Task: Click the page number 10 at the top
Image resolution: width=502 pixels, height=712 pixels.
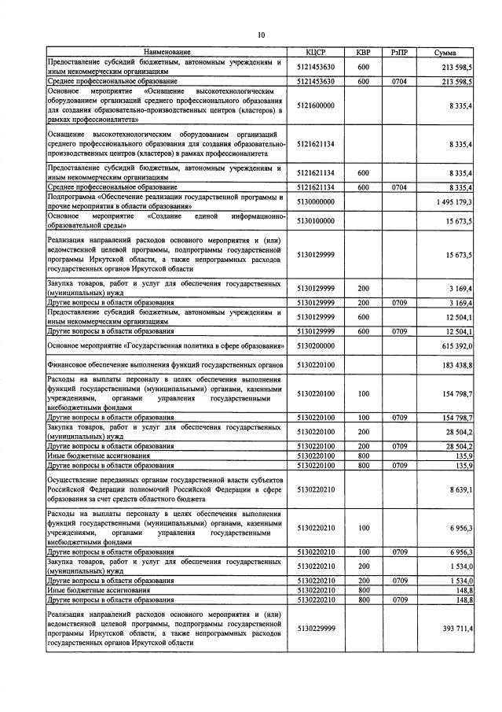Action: [x=261, y=35]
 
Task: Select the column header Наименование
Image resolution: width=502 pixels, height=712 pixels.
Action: [x=166, y=53]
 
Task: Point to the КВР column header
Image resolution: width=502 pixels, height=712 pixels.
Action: [x=363, y=53]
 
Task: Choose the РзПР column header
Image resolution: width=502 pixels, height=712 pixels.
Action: [x=399, y=53]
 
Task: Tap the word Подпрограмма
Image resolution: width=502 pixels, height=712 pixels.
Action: [x=71, y=197]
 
